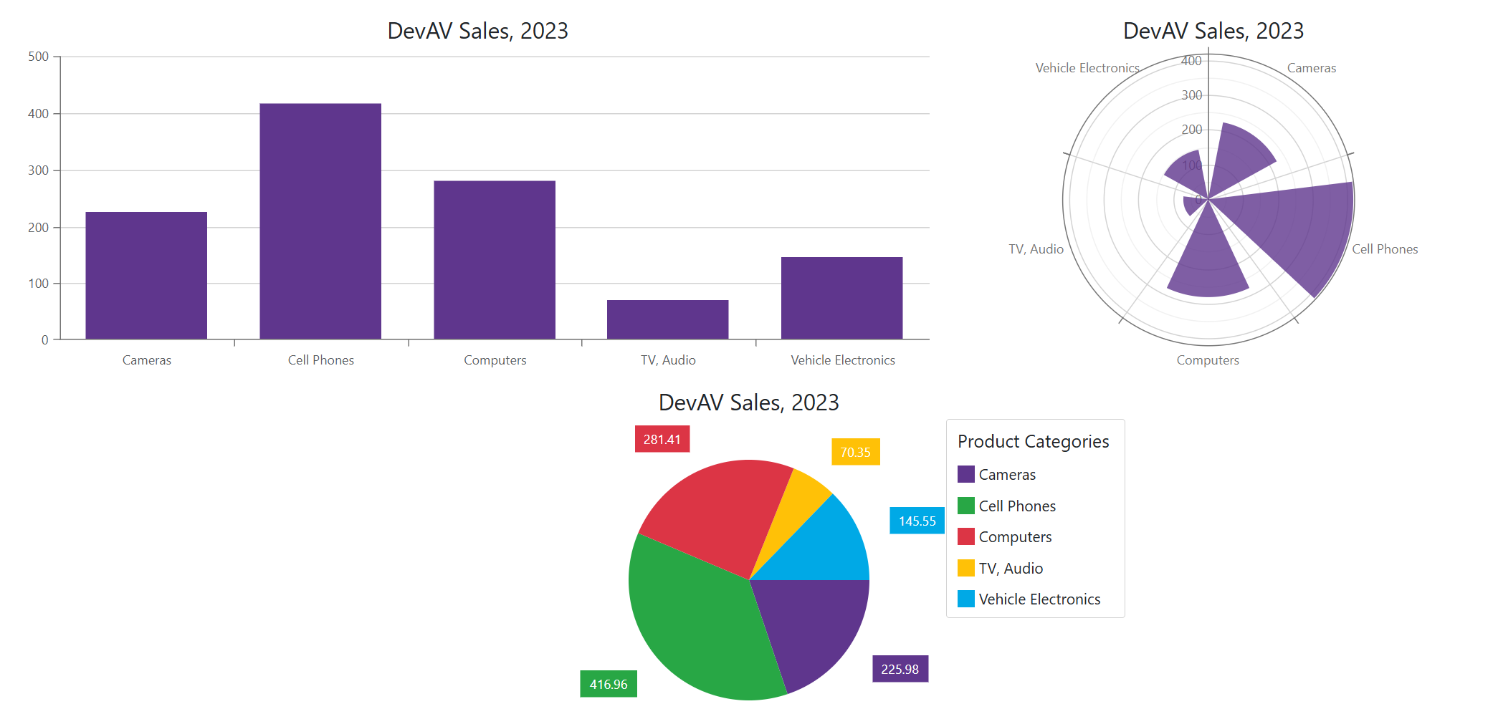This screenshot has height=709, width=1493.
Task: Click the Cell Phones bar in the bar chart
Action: pos(320,221)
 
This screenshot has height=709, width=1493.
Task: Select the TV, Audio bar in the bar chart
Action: pos(667,319)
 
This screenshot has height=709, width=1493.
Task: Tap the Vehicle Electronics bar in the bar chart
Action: pos(841,298)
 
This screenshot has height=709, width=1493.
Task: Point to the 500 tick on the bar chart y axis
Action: pos(39,57)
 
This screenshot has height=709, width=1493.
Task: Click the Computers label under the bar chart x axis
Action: pos(495,360)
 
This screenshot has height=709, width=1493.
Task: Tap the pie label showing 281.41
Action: pos(662,439)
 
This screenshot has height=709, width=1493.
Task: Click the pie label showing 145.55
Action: pos(917,521)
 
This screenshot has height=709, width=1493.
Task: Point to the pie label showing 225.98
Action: pos(900,669)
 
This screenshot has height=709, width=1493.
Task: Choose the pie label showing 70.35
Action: pos(855,452)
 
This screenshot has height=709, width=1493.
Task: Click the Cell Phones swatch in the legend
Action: pos(965,506)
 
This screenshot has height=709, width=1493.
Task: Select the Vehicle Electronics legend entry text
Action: pos(1039,599)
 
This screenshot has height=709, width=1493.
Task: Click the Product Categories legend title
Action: pos(1033,441)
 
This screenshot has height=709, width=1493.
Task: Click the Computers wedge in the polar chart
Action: pos(1208,265)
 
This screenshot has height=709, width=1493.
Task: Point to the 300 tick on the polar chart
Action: pos(1191,95)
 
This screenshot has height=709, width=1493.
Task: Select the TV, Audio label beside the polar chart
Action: pos(1036,249)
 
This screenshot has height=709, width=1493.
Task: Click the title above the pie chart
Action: pos(748,402)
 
